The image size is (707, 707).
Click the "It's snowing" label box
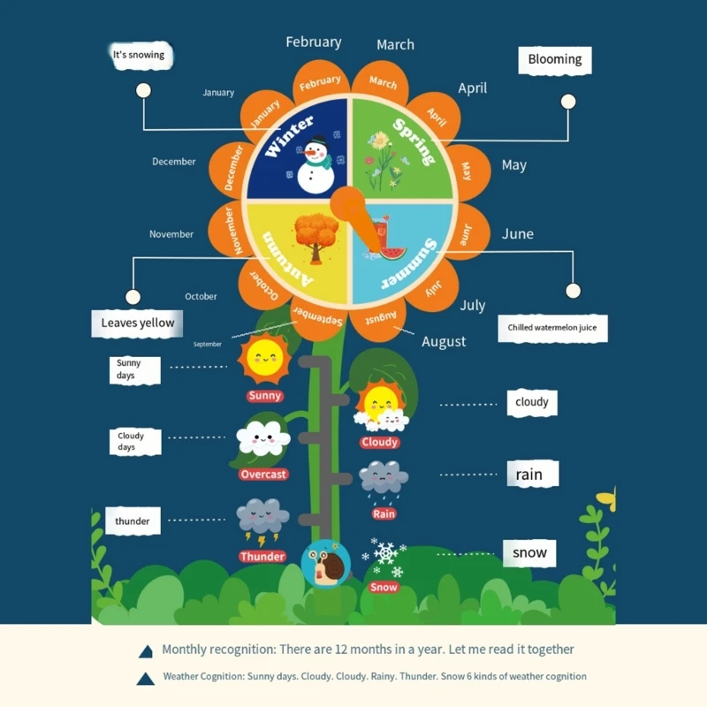(139, 55)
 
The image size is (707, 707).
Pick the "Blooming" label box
(554, 59)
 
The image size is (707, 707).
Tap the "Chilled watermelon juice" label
(552, 328)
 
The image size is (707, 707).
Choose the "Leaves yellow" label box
(138, 323)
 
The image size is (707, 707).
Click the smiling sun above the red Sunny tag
(264, 358)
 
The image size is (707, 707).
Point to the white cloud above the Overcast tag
(263, 437)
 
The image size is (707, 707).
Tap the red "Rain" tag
(384, 513)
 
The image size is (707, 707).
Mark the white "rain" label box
(529, 475)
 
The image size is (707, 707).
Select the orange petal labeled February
(320, 82)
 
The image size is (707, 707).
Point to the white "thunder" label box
(133, 521)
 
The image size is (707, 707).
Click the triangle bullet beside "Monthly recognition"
(146, 651)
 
